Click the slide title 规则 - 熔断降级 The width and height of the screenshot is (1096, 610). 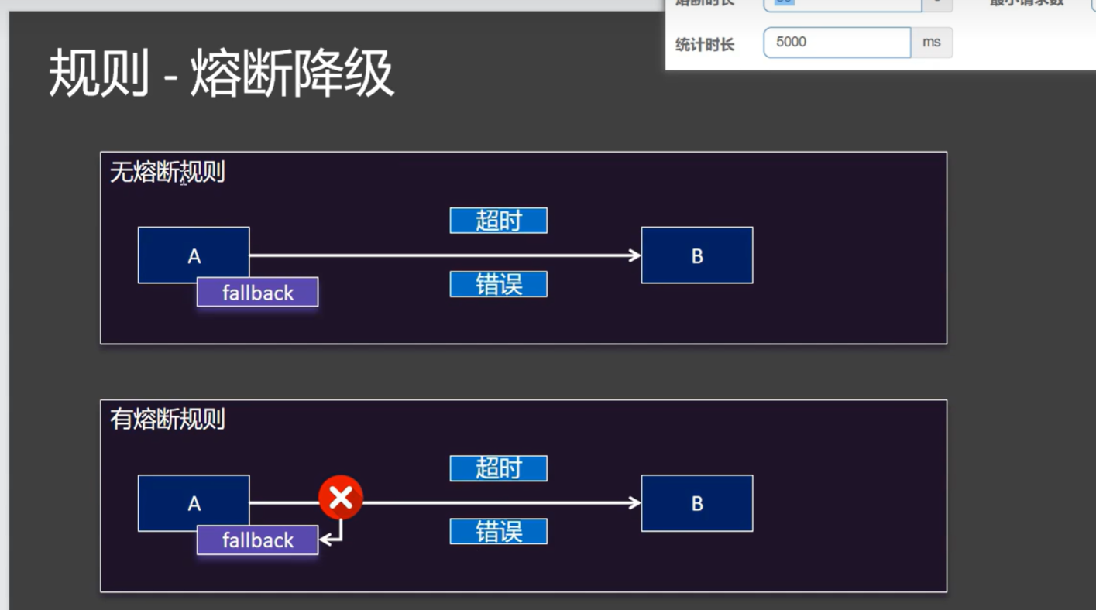[222, 74]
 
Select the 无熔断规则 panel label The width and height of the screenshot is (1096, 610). [167, 172]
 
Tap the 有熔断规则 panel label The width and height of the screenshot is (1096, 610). [167, 420]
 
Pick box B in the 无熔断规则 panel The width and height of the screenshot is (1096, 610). [696, 255]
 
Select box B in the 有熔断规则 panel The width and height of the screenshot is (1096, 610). [696, 503]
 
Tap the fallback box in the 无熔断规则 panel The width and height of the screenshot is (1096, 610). [257, 293]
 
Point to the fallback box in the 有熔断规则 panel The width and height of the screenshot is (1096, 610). [257, 540]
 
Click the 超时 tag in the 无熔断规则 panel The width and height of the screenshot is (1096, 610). [498, 221]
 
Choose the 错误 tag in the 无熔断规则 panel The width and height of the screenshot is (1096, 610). [498, 284]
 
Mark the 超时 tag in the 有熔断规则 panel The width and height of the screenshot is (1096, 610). [498, 468]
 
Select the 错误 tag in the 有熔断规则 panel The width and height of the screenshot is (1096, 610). [498, 532]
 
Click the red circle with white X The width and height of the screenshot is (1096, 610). [341, 498]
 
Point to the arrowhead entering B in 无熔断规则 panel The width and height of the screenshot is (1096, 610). [635, 255]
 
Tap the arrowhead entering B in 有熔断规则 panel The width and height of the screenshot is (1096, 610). [635, 503]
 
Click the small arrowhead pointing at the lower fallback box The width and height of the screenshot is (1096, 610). [325, 540]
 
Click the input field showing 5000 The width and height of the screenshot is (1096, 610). [837, 43]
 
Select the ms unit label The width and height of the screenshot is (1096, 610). [931, 43]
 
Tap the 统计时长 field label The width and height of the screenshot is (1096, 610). [704, 45]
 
